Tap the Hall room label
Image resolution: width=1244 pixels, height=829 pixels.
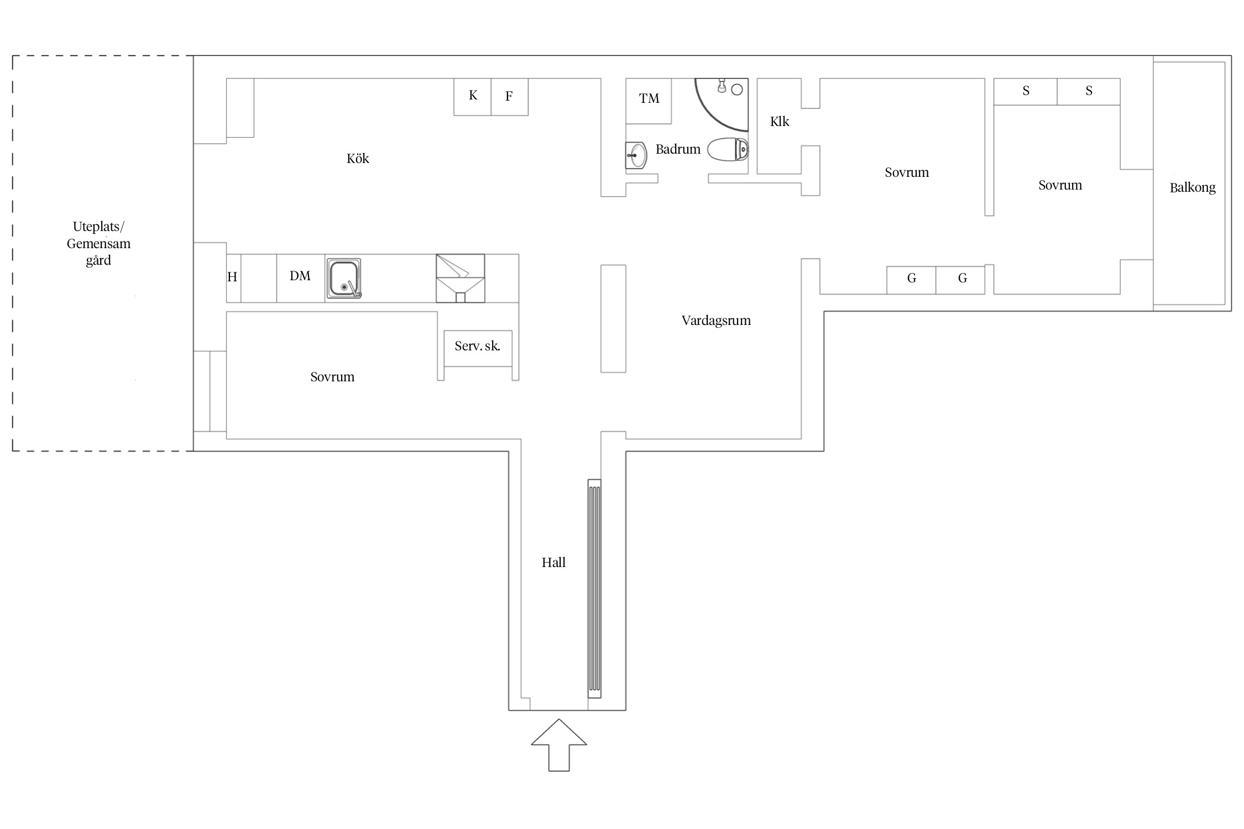553,563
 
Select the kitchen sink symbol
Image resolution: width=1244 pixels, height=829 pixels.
343,279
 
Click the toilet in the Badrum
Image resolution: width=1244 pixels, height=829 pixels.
728,149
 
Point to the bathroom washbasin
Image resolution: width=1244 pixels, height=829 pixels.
636,155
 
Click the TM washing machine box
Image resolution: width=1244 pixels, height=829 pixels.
649,101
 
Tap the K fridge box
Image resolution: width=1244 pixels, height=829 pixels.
472,97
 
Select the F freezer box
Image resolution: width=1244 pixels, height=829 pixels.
509,97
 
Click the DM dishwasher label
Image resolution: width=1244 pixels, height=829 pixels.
300,276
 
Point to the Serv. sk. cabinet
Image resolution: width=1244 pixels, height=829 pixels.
478,348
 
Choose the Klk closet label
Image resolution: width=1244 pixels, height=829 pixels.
780,122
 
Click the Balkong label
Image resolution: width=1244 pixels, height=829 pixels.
1193,188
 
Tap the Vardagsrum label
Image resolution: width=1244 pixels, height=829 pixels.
716,321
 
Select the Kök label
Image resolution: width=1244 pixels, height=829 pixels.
358,159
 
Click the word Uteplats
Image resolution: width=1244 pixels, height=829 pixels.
98,227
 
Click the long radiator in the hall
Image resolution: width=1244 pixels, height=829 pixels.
594,589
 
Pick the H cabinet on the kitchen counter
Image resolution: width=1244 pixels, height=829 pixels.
233,279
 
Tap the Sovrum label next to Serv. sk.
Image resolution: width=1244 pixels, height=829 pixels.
332,377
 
